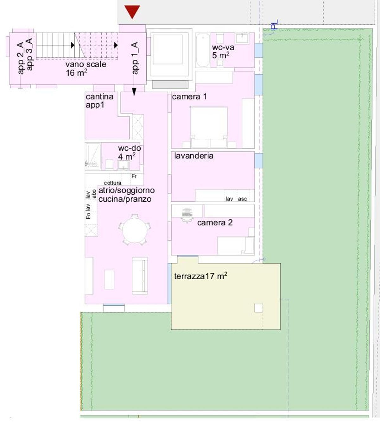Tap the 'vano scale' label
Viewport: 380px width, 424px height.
point(86,64)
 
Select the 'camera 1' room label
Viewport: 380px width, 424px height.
point(189,97)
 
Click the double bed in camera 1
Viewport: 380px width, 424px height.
point(209,127)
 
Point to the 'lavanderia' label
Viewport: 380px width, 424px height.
point(194,156)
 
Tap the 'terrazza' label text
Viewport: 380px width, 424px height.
point(189,276)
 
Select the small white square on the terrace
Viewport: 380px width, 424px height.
point(259,308)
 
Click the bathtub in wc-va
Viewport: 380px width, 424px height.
point(203,51)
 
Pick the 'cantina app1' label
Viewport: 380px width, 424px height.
point(100,101)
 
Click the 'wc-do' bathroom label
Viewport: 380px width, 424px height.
point(130,148)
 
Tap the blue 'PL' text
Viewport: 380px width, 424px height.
point(274,24)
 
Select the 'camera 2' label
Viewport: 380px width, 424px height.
point(215,222)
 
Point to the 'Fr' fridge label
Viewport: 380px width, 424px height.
point(134,176)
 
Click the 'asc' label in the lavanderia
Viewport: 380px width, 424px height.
point(242,199)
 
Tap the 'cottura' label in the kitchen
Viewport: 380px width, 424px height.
point(112,183)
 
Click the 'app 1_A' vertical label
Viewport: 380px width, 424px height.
point(135,58)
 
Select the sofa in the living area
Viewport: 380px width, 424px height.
point(140,276)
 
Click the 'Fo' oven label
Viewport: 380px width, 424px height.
point(88,216)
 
